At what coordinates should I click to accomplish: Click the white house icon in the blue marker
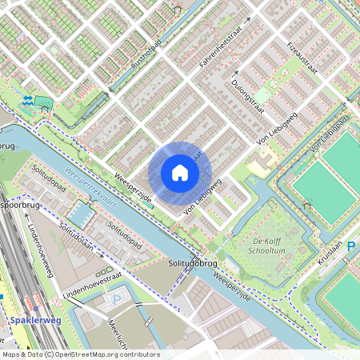pos(180,173)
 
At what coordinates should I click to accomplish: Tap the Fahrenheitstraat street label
pos(219,51)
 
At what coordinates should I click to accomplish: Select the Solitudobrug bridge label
pos(177,261)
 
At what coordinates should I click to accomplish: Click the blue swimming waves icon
pos(28,100)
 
